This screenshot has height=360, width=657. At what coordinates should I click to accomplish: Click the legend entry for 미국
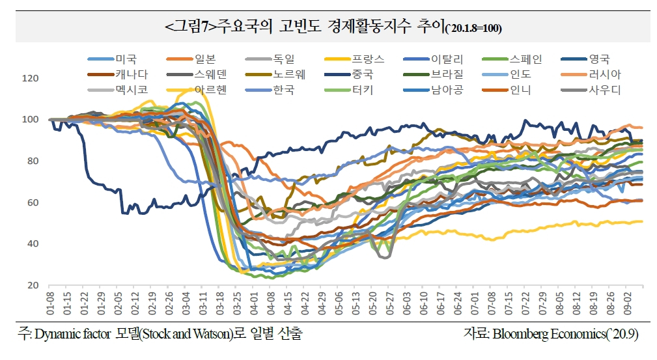(x=112, y=59)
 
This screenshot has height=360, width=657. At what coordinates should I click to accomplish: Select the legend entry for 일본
(x=191, y=59)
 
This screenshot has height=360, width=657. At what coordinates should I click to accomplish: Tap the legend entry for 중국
(x=348, y=74)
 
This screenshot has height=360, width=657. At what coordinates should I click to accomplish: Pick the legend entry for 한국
(x=270, y=89)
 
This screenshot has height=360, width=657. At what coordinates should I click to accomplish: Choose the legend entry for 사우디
(x=591, y=89)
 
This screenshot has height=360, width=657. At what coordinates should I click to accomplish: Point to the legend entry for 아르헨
(x=197, y=89)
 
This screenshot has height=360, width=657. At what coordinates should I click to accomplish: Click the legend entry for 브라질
(x=433, y=74)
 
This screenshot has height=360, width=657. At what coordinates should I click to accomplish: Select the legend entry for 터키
(x=348, y=89)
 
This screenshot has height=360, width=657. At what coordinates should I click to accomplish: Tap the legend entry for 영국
(x=585, y=59)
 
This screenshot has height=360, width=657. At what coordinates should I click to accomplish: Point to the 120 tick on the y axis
(x=30, y=78)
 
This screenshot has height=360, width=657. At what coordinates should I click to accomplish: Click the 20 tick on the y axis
(x=33, y=285)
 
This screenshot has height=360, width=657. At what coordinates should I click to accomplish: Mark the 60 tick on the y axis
(x=33, y=202)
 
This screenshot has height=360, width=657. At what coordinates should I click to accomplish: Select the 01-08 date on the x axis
(x=50, y=304)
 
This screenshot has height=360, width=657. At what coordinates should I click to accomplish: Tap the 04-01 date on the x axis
(x=254, y=304)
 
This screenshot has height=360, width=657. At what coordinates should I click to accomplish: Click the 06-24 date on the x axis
(x=458, y=304)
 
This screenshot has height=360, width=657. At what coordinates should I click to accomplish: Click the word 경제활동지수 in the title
(x=369, y=27)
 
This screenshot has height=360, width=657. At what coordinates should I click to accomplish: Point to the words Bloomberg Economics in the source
(x=550, y=334)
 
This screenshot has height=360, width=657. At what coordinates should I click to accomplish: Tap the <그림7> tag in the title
(x=191, y=27)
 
